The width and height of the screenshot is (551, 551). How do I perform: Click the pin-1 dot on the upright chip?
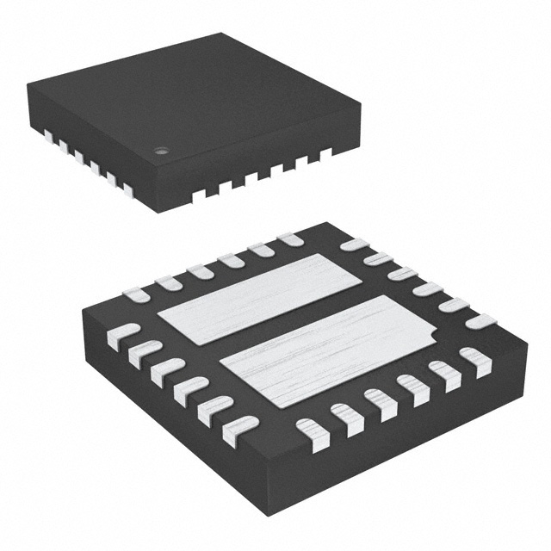pos(160,152)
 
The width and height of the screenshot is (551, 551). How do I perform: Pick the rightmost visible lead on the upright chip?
pos(326,154)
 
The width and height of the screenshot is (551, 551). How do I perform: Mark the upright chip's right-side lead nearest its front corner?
pos(195,195)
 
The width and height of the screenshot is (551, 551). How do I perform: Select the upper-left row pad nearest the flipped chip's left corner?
pos(136,295)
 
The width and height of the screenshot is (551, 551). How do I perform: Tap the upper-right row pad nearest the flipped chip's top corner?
pos(354,245)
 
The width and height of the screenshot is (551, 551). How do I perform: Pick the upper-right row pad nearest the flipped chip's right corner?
pos(480,321)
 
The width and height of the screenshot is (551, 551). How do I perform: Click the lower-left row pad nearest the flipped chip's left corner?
pos(122,334)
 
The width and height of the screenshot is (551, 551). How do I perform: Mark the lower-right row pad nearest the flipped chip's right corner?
pos(474,361)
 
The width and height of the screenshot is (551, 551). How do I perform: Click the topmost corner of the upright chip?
pos(226,34)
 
